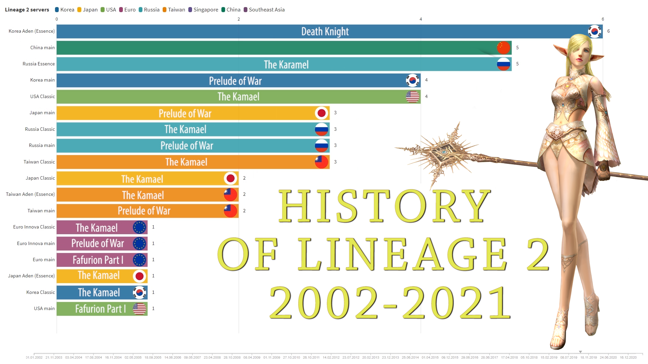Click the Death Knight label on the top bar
[x=325, y=31]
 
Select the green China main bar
[x=270, y=48]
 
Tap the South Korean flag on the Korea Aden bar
[x=594, y=31]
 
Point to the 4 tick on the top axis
[x=421, y=19]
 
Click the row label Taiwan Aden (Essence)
[x=30, y=194]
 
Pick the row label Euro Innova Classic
[x=34, y=227]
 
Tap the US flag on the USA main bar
[x=139, y=309]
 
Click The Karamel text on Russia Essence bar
[x=286, y=64]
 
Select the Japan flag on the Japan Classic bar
[x=231, y=178]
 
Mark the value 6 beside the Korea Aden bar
[x=609, y=31]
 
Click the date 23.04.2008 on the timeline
[x=212, y=357]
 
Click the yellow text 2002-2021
[x=390, y=302]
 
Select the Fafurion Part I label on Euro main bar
[x=98, y=260]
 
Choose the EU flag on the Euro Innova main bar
[x=139, y=244]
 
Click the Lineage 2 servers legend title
[x=27, y=10]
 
